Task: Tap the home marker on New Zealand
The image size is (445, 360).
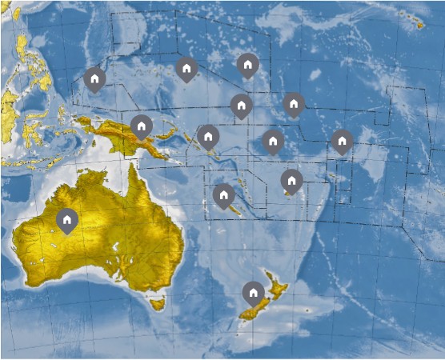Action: [x=254, y=294]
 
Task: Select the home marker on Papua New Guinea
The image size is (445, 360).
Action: [x=142, y=126]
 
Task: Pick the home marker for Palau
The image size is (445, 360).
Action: [x=94, y=79]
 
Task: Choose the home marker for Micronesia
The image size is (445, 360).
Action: [x=186, y=69]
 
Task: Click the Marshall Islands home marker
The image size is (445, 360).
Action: [x=248, y=65]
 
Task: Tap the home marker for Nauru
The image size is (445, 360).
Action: [x=241, y=105]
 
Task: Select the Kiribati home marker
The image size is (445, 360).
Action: [x=294, y=104]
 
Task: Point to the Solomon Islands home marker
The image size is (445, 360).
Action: [x=208, y=136]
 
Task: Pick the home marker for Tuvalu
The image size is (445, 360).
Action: [x=273, y=142]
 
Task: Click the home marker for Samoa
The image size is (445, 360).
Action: [x=342, y=142]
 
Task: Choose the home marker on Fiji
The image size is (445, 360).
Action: [x=291, y=181]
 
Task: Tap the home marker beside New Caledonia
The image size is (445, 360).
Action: [x=224, y=195]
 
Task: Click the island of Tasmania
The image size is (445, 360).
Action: [x=158, y=304]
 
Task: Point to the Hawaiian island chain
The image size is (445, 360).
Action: [x=413, y=20]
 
